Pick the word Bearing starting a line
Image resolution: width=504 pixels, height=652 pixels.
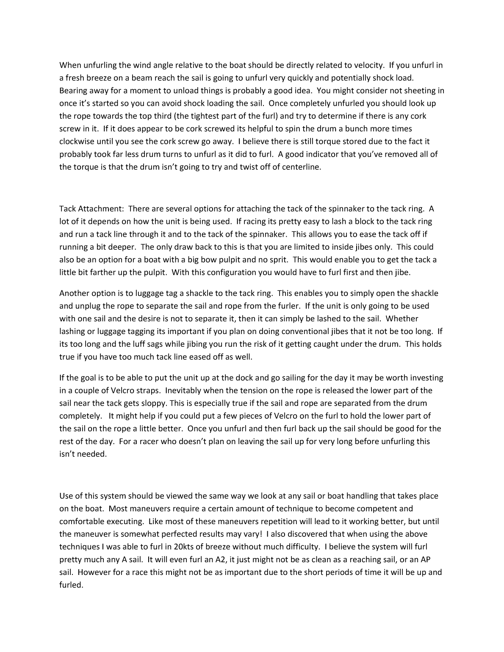click(73, 91)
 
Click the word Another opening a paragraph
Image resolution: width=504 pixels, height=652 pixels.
click(73, 293)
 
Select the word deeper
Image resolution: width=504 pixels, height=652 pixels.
click(122, 247)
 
